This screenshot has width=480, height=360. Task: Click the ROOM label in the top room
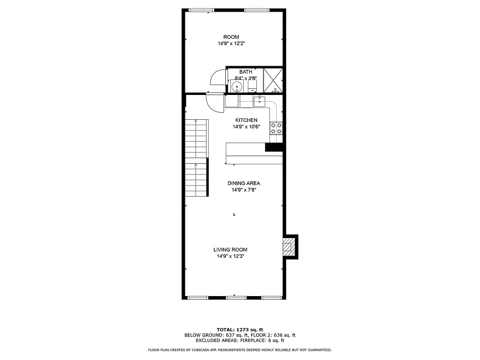231,37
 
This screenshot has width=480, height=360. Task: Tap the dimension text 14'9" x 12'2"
231,44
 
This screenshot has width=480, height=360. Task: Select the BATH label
246,72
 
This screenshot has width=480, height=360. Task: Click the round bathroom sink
237,86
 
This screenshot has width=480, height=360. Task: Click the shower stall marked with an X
273,80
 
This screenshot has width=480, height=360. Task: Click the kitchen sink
260,101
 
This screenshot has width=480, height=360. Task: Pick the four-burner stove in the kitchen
276,128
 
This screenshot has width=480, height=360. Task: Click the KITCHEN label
247,120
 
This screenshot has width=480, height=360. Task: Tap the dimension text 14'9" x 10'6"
247,127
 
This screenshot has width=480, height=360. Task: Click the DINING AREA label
244,183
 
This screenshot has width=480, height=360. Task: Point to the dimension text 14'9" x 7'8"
244,190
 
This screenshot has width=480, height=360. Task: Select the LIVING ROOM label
230,250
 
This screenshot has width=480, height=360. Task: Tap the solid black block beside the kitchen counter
274,147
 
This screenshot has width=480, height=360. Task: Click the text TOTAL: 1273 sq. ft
240,330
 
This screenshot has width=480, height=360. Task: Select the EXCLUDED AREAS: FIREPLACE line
240,341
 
